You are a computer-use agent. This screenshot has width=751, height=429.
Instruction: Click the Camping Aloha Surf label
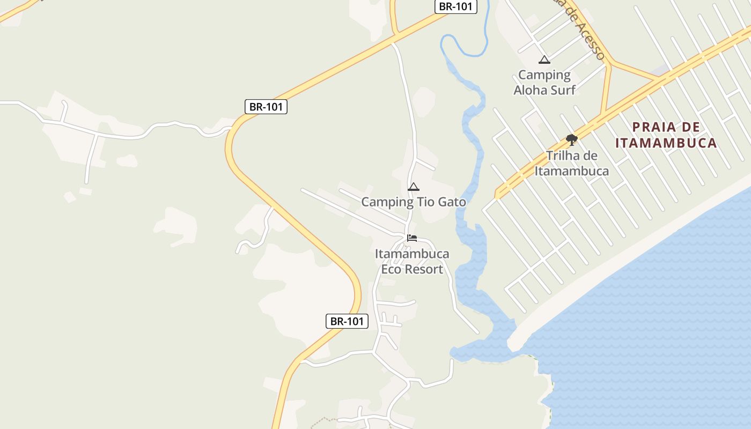(x=544, y=83)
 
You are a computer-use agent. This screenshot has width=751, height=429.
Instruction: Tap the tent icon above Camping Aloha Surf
(x=544, y=60)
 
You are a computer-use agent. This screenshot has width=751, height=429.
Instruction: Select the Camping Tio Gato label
(x=414, y=202)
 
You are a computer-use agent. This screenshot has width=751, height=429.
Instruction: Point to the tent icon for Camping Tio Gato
(x=413, y=187)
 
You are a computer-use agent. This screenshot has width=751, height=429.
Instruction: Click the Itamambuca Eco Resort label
(x=412, y=261)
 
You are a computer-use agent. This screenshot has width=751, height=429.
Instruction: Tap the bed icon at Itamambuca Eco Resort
(x=412, y=238)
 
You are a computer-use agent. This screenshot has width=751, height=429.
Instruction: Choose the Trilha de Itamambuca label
(x=571, y=163)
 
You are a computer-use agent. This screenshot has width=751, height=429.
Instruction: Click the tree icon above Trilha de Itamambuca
(x=571, y=140)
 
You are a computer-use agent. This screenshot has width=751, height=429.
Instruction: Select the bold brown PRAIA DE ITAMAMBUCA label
(x=666, y=135)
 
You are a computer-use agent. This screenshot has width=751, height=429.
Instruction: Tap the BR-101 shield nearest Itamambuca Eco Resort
(x=347, y=321)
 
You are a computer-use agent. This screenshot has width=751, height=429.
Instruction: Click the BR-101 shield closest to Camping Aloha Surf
(x=455, y=6)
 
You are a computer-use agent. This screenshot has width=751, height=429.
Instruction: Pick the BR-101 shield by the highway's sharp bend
(x=267, y=106)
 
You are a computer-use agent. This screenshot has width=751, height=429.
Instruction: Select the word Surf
(x=561, y=90)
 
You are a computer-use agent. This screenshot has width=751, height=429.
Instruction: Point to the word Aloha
(x=529, y=90)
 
